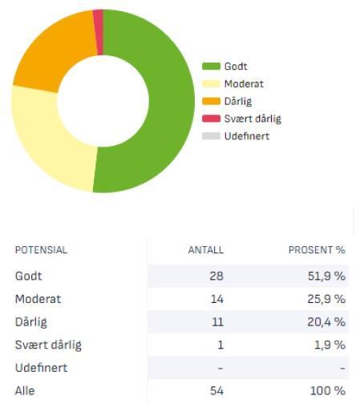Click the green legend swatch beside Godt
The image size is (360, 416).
(211, 67)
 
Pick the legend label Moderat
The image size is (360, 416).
(244, 84)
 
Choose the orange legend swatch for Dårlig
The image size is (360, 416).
(211, 101)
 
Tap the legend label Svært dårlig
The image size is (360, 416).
(253, 119)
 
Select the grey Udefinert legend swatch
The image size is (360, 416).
(211, 136)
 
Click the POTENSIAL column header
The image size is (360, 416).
(41, 250)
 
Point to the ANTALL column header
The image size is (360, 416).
(205, 250)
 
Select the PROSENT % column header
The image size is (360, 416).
(316, 250)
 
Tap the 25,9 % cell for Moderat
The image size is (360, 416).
(326, 299)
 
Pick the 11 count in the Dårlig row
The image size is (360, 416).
(217, 322)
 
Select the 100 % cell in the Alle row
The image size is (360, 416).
(328, 391)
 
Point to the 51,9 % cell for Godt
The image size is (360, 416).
(326, 276)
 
